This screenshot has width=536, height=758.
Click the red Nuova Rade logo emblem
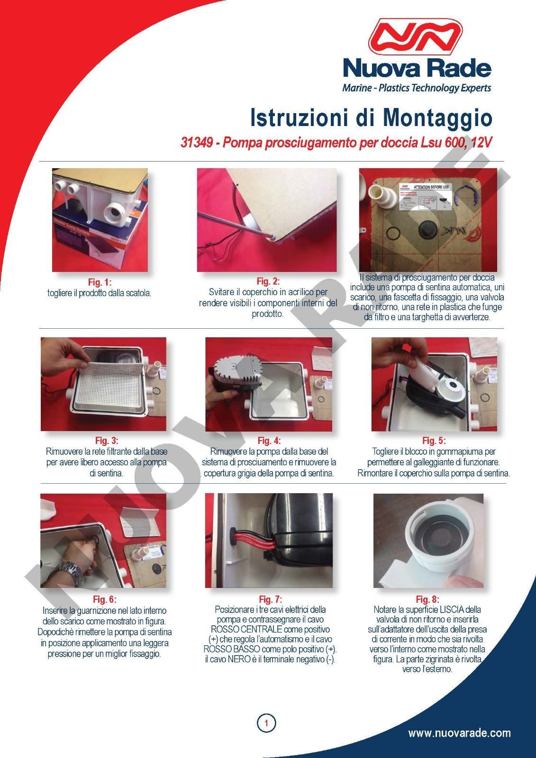[415, 37]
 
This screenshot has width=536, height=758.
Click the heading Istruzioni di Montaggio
[371, 118]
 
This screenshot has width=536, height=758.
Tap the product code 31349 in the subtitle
[196, 143]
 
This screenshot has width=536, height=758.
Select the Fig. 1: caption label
[100, 282]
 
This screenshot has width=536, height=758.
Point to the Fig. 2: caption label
[268, 281]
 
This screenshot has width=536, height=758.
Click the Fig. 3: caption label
[107, 441]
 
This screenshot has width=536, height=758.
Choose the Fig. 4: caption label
[269, 441]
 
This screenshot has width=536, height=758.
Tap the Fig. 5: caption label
[434, 441]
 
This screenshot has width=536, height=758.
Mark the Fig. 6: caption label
[105, 599]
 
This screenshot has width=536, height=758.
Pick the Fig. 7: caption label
[270, 599]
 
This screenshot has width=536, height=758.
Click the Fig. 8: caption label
[427, 599]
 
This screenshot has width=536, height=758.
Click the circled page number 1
[266, 723]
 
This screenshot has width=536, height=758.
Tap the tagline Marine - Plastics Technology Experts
[417, 88]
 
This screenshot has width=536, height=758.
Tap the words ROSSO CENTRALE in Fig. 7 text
[246, 630]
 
